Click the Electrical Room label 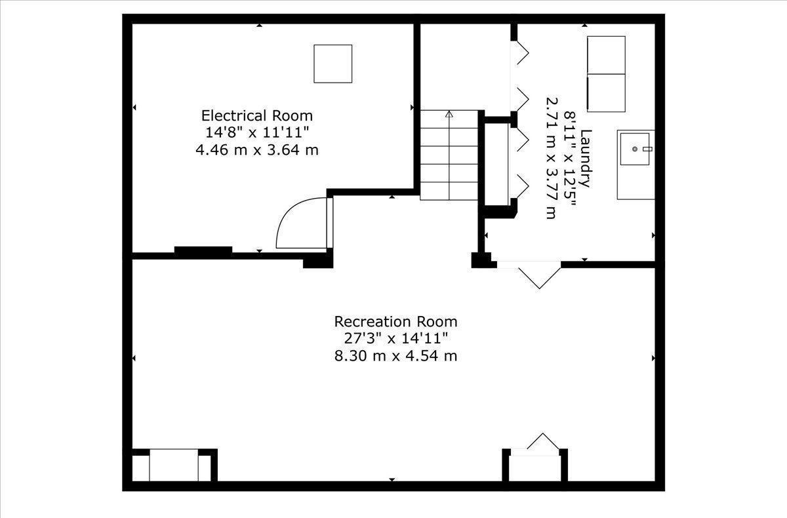[x=257, y=115]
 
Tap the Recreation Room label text [x=395, y=321]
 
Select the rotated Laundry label [x=586, y=159]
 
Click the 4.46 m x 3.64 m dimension [x=257, y=150]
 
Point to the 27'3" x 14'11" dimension [x=395, y=338]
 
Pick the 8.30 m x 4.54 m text [x=395, y=356]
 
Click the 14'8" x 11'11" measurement [x=257, y=132]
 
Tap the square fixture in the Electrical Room [x=333, y=64]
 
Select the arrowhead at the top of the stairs [x=449, y=114]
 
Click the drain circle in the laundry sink [x=635, y=149]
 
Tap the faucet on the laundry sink [x=647, y=149]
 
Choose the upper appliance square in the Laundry [x=606, y=55]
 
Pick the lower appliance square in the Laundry [x=606, y=93]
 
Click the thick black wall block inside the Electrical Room [x=203, y=250]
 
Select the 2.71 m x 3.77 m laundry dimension [x=552, y=159]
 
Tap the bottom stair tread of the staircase [x=449, y=191]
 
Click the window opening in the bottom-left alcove [x=174, y=465]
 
